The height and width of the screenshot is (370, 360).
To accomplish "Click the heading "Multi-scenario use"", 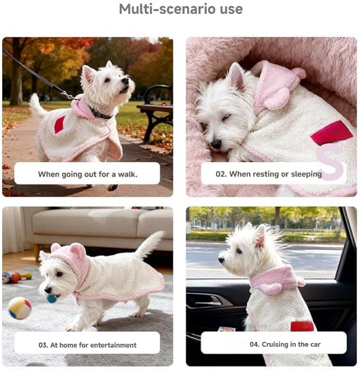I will click(180, 9).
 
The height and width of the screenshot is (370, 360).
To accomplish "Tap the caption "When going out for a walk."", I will click(87, 174).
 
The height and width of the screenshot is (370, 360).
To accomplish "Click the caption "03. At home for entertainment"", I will click(87, 345).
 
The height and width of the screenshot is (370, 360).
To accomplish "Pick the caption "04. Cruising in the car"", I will click(273, 345).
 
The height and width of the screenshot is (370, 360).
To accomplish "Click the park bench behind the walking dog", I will click(156, 108).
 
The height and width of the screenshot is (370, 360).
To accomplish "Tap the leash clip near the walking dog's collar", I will click(67, 95).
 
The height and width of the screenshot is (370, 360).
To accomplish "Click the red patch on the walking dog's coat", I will click(59, 125).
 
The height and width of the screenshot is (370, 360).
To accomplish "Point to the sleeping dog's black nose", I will click(215, 144).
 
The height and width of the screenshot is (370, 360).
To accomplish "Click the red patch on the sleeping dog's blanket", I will click(331, 133).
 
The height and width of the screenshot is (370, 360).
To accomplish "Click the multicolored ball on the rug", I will click(20, 308).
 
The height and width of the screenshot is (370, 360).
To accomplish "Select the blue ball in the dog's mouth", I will click(51, 299).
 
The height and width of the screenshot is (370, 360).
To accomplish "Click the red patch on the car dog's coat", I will click(302, 325).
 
